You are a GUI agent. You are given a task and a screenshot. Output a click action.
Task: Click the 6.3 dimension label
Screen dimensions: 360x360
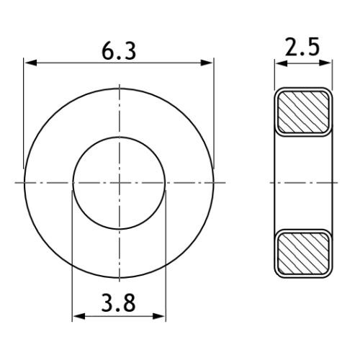(119, 52)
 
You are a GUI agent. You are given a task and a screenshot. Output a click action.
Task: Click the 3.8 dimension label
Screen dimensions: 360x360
(118, 303)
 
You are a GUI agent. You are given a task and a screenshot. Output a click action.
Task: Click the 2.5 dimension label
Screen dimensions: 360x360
(302, 47)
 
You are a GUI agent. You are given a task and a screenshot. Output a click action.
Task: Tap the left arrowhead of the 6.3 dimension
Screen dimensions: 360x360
(31, 63)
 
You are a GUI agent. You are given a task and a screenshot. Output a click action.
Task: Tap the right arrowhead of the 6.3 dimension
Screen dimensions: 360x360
(207, 63)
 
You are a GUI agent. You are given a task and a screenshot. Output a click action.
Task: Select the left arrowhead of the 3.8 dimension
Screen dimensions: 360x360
(79, 316)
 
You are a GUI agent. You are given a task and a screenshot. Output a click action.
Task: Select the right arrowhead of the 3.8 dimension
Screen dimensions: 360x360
(159, 316)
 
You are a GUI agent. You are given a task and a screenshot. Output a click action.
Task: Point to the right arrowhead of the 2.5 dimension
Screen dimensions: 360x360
(325, 63)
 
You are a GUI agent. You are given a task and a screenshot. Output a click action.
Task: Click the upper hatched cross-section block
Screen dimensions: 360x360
(303, 112)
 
